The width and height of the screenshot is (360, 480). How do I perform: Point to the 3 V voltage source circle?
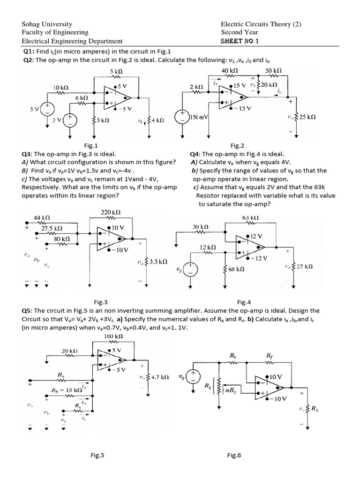pyautogui.click(x=70, y=120)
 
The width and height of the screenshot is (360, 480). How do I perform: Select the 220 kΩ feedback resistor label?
pyautogui.click(x=112, y=212)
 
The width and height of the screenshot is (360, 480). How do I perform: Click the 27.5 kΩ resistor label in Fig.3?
pyautogui.click(x=52, y=228)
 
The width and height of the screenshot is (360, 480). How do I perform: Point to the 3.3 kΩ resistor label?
pyautogui.click(x=158, y=261)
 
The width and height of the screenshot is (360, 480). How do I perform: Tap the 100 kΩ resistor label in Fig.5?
pyautogui.click(x=113, y=336)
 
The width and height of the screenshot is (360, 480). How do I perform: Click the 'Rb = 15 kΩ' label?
pyautogui.click(x=67, y=390)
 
